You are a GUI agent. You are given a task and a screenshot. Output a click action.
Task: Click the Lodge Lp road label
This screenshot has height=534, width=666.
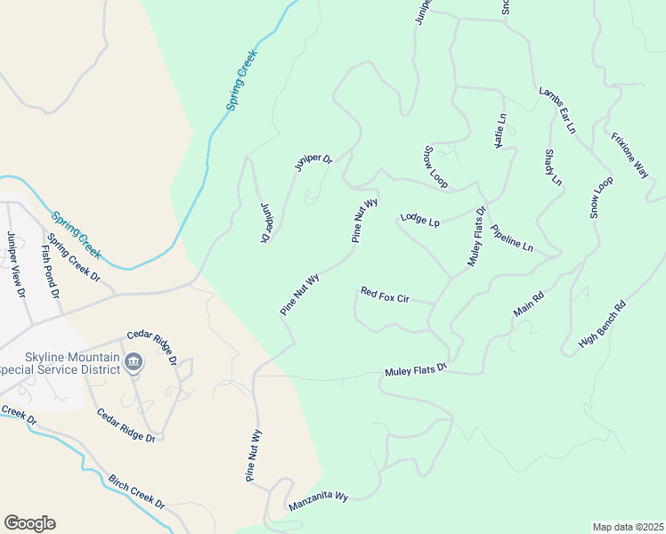(x=420, y=219)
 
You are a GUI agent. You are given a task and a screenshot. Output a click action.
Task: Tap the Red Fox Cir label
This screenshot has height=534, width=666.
(x=384, y=295)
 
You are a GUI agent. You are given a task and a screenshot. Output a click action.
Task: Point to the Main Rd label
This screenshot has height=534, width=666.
(x=528, y=303)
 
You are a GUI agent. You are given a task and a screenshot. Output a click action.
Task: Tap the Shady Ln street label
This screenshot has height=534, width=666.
(x=552, y=166)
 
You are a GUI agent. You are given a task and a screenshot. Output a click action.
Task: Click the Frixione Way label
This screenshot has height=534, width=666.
(x=629, y=156)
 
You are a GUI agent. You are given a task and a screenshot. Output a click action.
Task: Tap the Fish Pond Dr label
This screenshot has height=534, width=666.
(x=50, y=272)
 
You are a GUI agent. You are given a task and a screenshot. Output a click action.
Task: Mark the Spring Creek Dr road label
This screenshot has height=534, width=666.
(x=75, y=258)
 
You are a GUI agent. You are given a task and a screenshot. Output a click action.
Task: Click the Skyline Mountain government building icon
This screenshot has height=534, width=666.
(x=134, y=361)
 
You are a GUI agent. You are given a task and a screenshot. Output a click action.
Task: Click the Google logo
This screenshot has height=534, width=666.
(x=29, y=522)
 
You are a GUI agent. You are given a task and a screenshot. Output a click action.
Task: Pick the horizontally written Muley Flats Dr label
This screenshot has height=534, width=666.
(x=415, y=369)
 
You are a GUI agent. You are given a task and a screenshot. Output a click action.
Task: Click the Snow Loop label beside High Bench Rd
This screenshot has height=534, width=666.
(x=601, y=198)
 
